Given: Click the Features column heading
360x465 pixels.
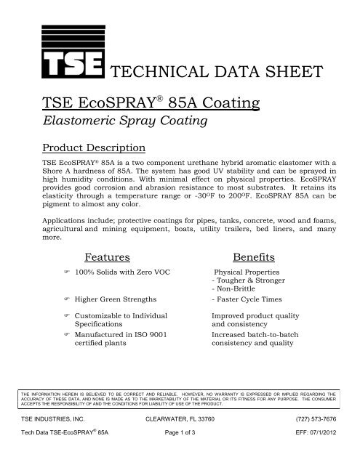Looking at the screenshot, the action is point(108,256).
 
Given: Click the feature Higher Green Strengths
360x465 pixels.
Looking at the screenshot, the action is point(123,298).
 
